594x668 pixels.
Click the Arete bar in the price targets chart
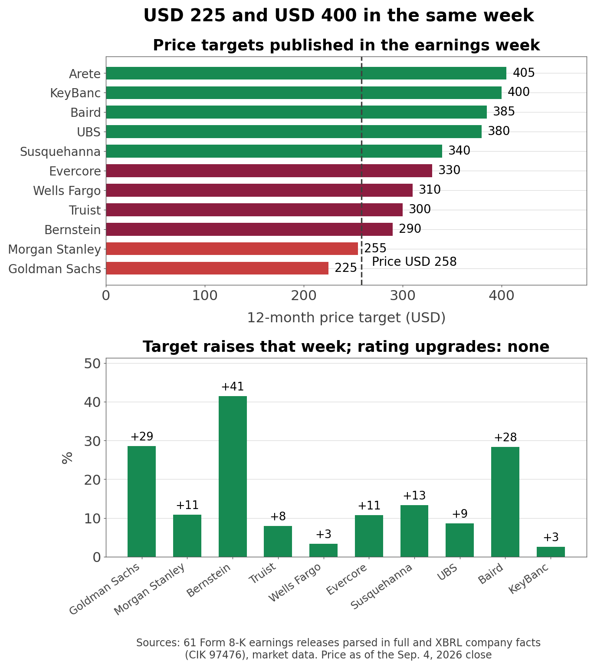click(x=306, y=73)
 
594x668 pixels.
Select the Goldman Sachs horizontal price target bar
click(x=217, y=268)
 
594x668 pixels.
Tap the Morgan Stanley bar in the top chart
click(x=232, y=248)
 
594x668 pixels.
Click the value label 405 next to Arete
click(x=524, y=73)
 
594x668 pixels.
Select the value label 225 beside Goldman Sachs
click(x=345, y=268)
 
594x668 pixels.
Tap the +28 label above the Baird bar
click(x=505, y=437)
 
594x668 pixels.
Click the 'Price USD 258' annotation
click(x=414, y=262)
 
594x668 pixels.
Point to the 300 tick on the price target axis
click(x=403, y=296)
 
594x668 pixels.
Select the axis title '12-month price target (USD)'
click(x=346, y=318)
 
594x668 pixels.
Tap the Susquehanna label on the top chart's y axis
click(x=60, y=152)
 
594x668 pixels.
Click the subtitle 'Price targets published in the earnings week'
click(x=346, y=45)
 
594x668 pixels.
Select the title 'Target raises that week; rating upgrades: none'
click(x=346, y=347)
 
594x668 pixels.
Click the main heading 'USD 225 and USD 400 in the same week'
click(x=339, y=16)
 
